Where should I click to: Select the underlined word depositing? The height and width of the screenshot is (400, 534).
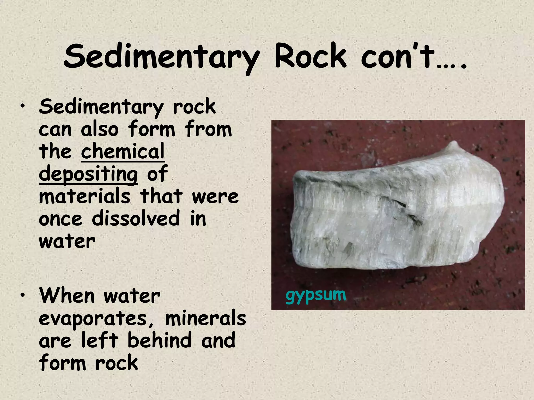tap(88, 174)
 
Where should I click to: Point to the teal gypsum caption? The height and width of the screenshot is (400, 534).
tap(316, 296)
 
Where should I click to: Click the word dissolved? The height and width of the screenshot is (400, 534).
tap(136, 218)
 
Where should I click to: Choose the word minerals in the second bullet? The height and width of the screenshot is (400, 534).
tap(205, 318)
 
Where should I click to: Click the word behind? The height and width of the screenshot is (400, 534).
tap(159, 340)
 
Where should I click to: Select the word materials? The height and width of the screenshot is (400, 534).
tap(84, 196)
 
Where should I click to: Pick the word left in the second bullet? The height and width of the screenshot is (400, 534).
tap(100, 340)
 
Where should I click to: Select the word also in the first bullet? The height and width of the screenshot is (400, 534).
tap(100, 129)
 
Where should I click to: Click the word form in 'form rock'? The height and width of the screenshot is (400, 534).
tap(62, 362)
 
